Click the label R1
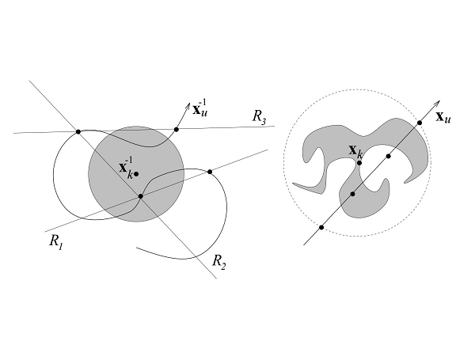pyautogui.click(x=56, y=242)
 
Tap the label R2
pyautogui.click(x=219, y=262)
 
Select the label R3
pyautogui.click(x=259, y=117)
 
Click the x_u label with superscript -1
pyautogui.click(x=200, y=108)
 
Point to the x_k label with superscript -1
pyautogui.click(x=126, y=168)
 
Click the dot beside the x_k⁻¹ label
pyautogui.click(x=136, y=174)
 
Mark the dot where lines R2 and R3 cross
pyautogui.click(x=78, y=131)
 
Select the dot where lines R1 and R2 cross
pyautogui.click(x=141, y=196)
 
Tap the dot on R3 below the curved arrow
pyautogui.click(x=177, y=130)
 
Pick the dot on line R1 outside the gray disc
pyautogui.click(x=210, y=172)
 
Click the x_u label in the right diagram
pyautogui.click(x=443, y=117)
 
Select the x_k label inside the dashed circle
pyautogui.click(x=355, y=151)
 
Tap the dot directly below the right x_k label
pyautogui.click(x=359, y=163)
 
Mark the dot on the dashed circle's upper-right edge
pyautogui.click(x=420, y=123)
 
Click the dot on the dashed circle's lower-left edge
pyautogui.click(x=321, y=227)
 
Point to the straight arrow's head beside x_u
pyautogui.click(x=438, y=103)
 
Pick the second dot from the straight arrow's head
pyautogui.click(x=389, y=156)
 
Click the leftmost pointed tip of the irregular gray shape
pyautogui.click(x=293, y=184)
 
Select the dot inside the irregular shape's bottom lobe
pyautogui.click(x=352, y=194)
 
